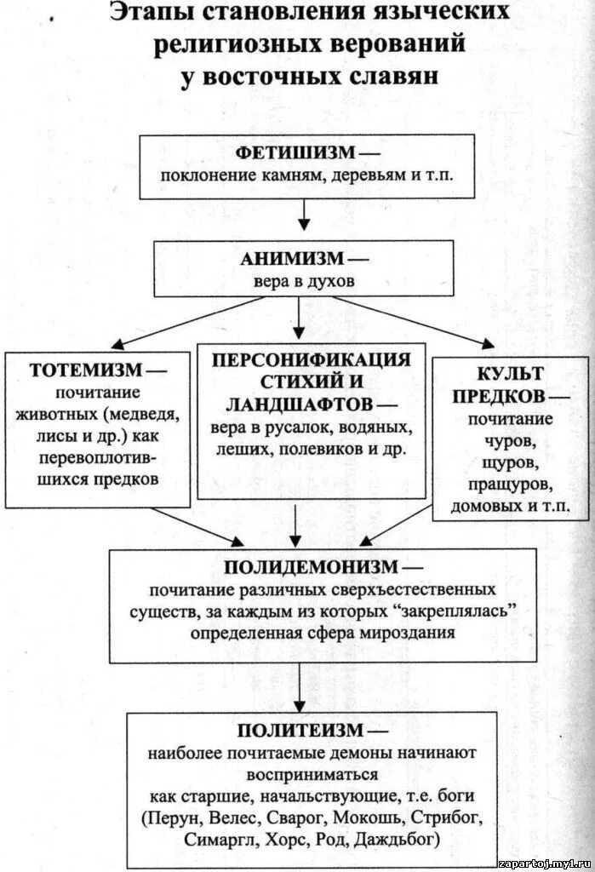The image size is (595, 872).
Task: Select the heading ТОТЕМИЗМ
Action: click(89, 372)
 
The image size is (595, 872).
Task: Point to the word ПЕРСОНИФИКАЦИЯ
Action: click(310, 359)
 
